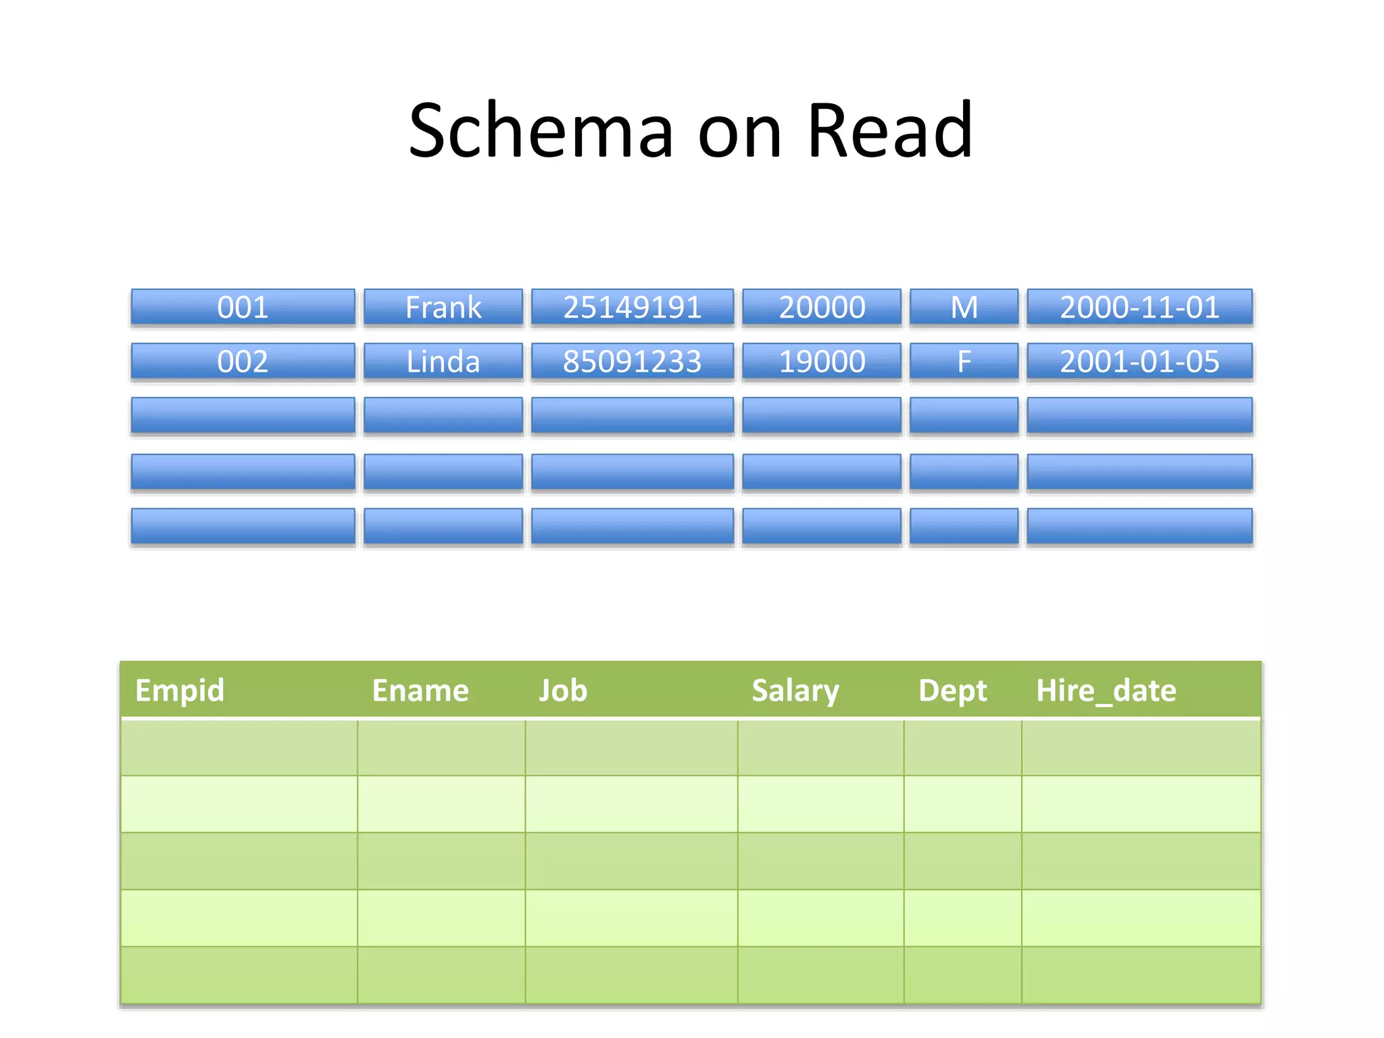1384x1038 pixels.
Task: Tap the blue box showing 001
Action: (243, 307)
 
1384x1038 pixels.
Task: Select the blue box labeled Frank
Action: (443, 307)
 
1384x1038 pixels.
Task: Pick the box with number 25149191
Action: (632, 307)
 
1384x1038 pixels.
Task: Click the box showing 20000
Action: (822, 307)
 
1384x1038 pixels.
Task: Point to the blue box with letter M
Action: (964, 307)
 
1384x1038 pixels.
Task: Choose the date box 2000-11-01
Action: (1139, 307)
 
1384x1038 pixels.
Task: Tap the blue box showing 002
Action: (243, 362)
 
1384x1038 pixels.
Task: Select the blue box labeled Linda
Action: (443, 362)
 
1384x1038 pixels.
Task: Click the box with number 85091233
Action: (632, 362)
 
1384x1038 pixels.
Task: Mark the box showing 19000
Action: (822, 362)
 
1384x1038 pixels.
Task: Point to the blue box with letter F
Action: (964, 362)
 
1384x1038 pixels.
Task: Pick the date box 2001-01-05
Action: (1139, 362)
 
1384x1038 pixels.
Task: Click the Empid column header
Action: (180, 691)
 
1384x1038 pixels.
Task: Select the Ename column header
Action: (420, 691)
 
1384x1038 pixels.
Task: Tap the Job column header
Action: (563, 691)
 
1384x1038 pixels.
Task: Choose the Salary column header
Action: (795, 691)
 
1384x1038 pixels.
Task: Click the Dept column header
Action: (952, 691)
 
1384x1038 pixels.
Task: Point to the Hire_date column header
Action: (1106, 691)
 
